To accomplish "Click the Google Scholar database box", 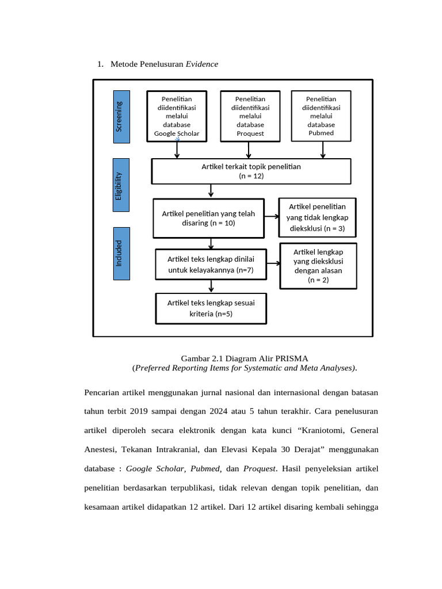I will (x=177, y=116).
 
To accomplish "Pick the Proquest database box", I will (x=250, y=116).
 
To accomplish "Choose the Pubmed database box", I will (x=321, y=116).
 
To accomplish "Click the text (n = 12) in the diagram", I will (x=251, y=176).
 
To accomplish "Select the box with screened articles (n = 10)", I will (x=208, y=218).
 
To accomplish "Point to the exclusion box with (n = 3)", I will (x=317, y=217).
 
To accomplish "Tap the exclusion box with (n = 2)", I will (x=318, y=266).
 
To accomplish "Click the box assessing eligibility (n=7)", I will (x=211, y=265).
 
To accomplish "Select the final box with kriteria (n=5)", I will (x=211, y=308).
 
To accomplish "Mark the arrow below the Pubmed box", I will (x=323, y=150).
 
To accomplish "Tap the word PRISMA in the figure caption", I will (x=292, y=358).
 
